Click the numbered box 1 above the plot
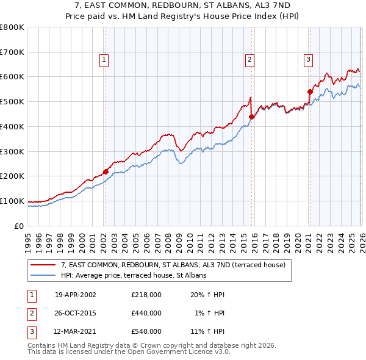pos(105,59)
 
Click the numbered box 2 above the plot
pos(250,59)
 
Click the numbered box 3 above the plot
pos(309,59)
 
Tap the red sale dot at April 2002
pos(106,171)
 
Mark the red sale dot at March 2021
pos(310,92)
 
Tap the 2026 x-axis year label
pos(361,238)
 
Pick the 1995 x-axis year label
pos(28,238)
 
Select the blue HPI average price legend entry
pos(134,275)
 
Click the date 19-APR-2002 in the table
pos(75,294)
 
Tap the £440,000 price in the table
pos(146,313)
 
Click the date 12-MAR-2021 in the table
pos(75,331)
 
